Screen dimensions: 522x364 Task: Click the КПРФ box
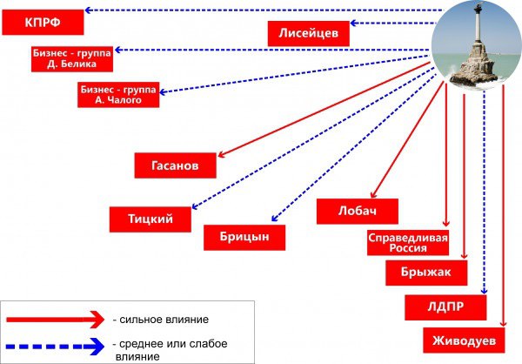(43, 22)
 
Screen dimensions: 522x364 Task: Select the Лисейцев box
(309, 33)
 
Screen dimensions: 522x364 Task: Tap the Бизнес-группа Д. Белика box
(72, 59)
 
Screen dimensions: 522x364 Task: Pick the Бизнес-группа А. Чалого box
(118, 95)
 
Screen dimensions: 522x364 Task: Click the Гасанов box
(176, 165)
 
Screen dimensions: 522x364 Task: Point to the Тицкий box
(151, 219)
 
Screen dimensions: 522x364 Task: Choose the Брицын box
(244, 238)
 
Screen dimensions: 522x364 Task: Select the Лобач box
(358, 212)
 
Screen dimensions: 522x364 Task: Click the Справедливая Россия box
(408, 243)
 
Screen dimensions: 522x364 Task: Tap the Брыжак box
(426, 273)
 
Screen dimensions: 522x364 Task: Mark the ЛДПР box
(445, 307)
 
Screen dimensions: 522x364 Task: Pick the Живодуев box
(464, 340)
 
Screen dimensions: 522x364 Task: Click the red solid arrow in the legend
(56, 320)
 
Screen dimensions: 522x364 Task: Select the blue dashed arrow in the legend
(56, 347)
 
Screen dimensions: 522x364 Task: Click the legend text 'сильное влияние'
(164, 320)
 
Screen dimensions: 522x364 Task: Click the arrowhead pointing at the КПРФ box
(88, 10)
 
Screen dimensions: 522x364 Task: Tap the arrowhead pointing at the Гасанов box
(221, 154)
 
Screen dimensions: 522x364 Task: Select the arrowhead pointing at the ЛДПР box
(485, 291)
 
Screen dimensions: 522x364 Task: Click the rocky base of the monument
(473, 68)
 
